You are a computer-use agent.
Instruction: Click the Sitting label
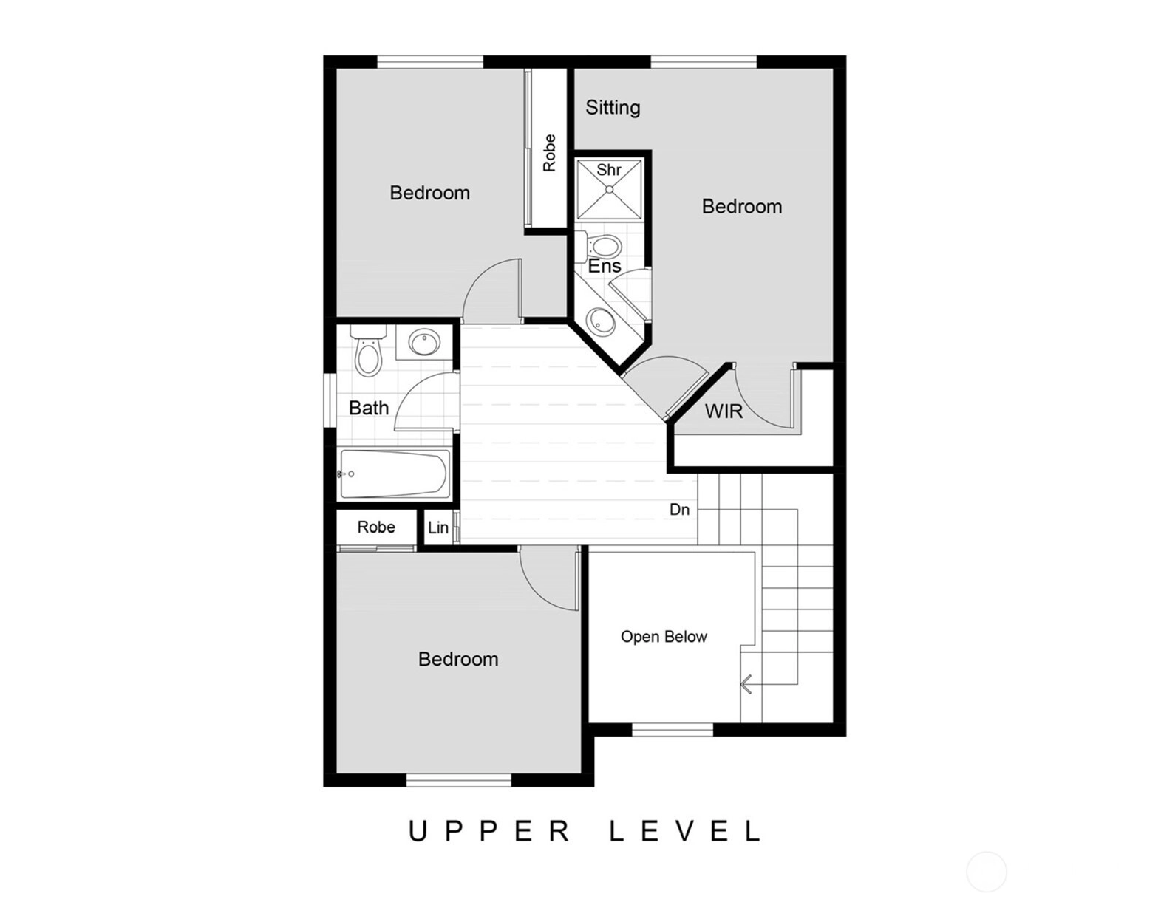[613, 108]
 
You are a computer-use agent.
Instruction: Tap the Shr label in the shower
[608, 170]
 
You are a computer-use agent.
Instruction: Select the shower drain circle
[609, 188]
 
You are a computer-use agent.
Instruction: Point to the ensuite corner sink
[601, 321]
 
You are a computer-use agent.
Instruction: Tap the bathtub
[394, 474]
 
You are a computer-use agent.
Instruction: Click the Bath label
[369, 408]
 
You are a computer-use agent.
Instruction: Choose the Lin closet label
[438, 527]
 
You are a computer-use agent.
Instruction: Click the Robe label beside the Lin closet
[376, 527]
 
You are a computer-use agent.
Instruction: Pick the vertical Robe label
[549, 153]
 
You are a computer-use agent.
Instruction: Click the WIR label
[724, 411]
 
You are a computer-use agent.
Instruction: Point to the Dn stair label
[680, 510]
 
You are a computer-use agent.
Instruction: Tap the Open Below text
[664, 637]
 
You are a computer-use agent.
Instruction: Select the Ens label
[605, 266]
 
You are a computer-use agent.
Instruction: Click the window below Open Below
[672, 729]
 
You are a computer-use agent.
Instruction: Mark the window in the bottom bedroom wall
[459, 779]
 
